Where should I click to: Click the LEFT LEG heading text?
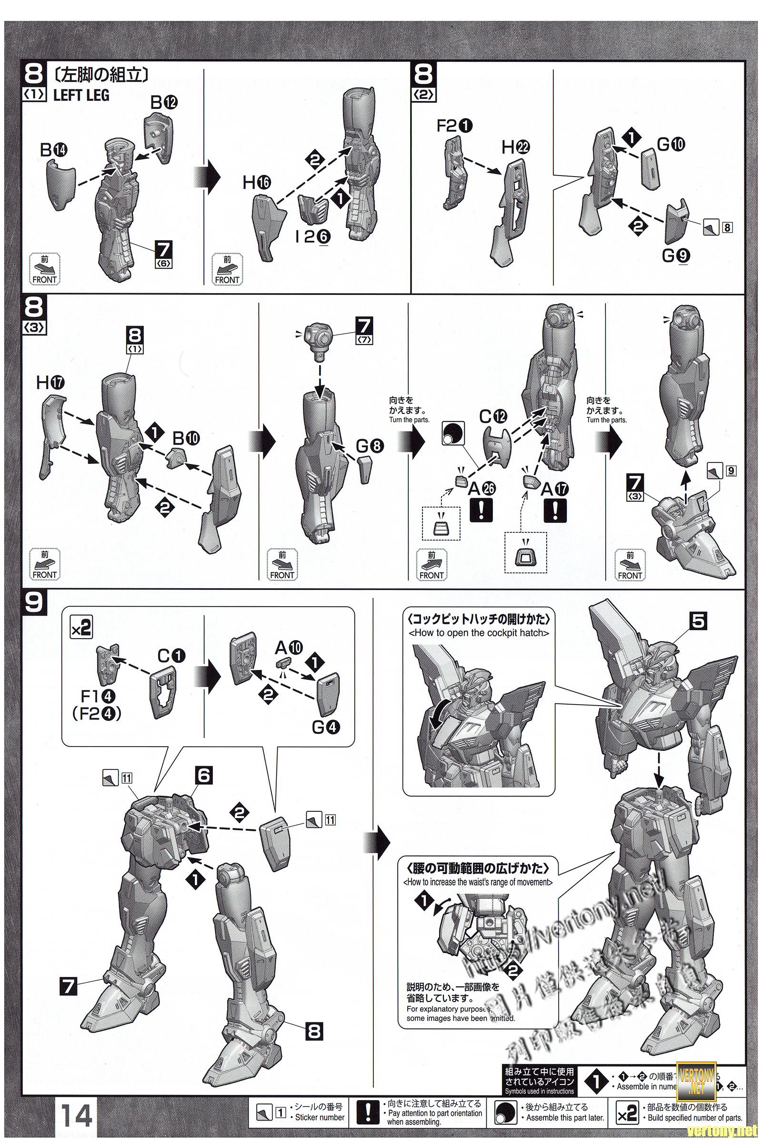click(81, 95)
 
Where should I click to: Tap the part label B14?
click(54, 151)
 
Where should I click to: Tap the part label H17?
click(50, 384)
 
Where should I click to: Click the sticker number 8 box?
click(727, 227)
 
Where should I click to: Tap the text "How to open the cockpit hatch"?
click(479, 633)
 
